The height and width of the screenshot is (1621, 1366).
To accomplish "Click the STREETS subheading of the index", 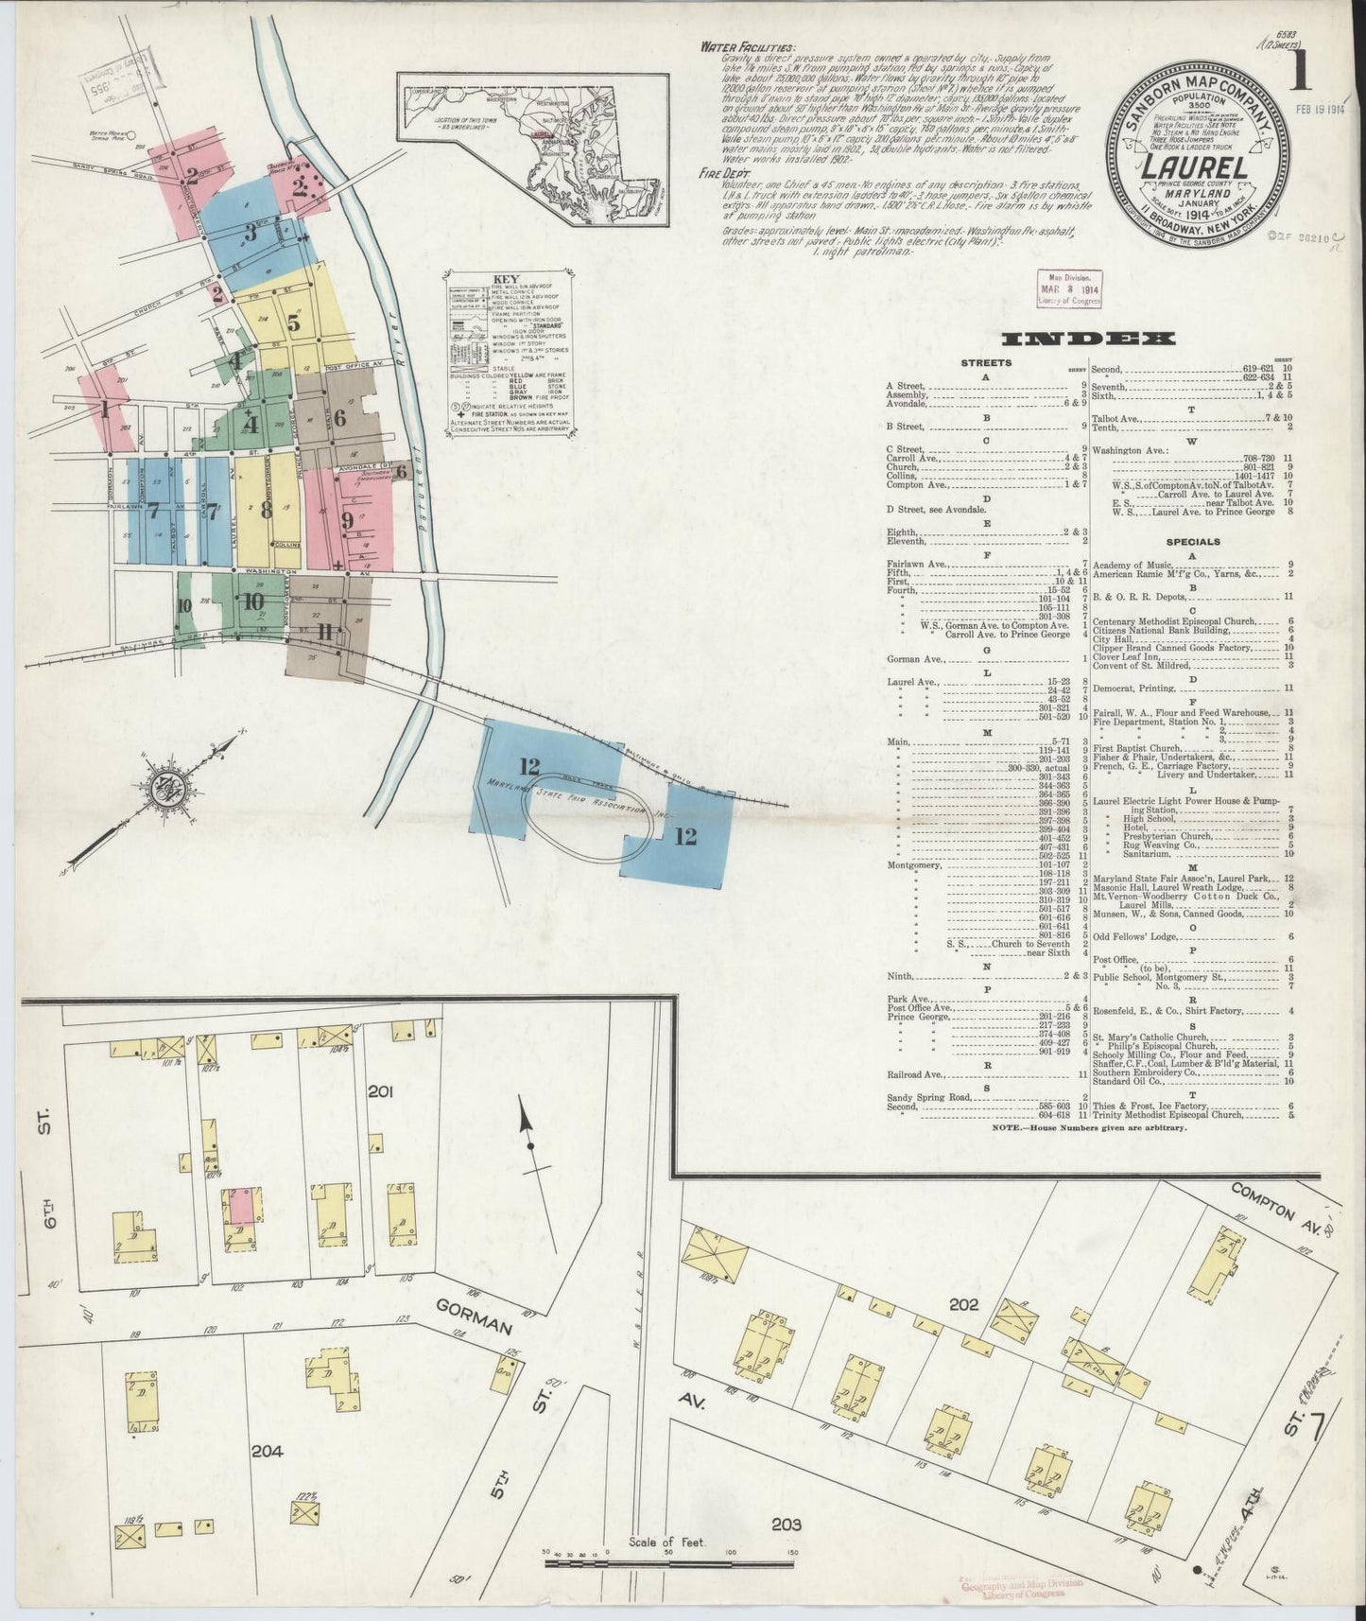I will (985, 362).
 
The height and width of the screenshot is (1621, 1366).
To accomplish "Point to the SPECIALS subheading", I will (1192, 542).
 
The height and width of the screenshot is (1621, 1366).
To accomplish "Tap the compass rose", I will (173, 784).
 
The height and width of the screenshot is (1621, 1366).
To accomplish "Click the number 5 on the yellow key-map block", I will (293, 322).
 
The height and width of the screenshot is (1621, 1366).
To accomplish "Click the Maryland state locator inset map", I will (532, 149).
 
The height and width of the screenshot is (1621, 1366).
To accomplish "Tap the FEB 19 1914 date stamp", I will (1326, 110).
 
